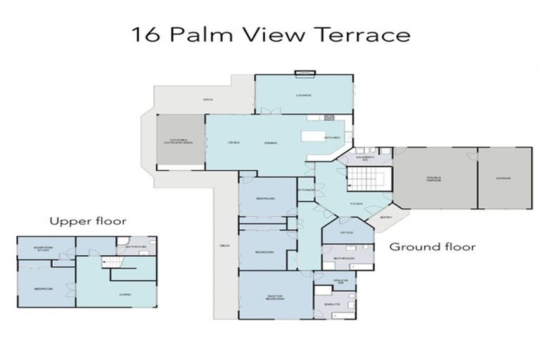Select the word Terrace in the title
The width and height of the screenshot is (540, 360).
tap(370, 34)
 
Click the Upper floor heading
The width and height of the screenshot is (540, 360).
tap(87, 221)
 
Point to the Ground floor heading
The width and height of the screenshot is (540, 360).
tap(432, 247)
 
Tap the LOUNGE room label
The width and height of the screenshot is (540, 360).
tap(304, 95)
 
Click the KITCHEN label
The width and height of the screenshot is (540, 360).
tap(333, 138)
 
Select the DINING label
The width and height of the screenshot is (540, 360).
tap(271, 143)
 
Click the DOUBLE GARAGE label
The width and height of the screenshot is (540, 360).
tap(435, 179)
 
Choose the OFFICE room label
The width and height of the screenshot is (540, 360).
tap(347, 233)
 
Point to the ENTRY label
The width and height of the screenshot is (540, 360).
tap(385, 217)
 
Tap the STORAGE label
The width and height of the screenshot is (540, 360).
tap(306, 190)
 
